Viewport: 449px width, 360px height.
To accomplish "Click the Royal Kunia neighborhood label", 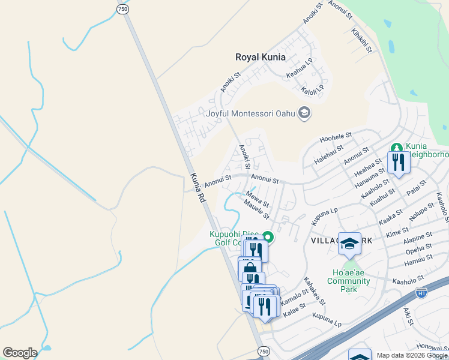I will point(260,58).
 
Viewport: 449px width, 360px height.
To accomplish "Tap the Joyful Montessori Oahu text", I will point(252,113).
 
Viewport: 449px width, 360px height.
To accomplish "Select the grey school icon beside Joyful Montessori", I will point(304,113).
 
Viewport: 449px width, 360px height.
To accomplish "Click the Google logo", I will point(20,353).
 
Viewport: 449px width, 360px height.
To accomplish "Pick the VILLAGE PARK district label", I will point(342,240).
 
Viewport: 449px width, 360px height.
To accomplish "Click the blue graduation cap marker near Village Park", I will point(349,244).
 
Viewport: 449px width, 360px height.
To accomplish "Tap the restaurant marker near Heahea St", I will point(398,162).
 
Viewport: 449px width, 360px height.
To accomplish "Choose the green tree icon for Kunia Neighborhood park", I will point(396,147).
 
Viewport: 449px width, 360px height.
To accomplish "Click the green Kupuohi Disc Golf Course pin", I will point(269,238).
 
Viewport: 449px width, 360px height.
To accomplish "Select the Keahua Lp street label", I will point(300,68).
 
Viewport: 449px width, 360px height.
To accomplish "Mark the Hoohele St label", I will point(336,139).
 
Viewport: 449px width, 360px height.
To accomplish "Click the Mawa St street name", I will point(257,196).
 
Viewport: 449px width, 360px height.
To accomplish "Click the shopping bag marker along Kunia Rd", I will point(249,269).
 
